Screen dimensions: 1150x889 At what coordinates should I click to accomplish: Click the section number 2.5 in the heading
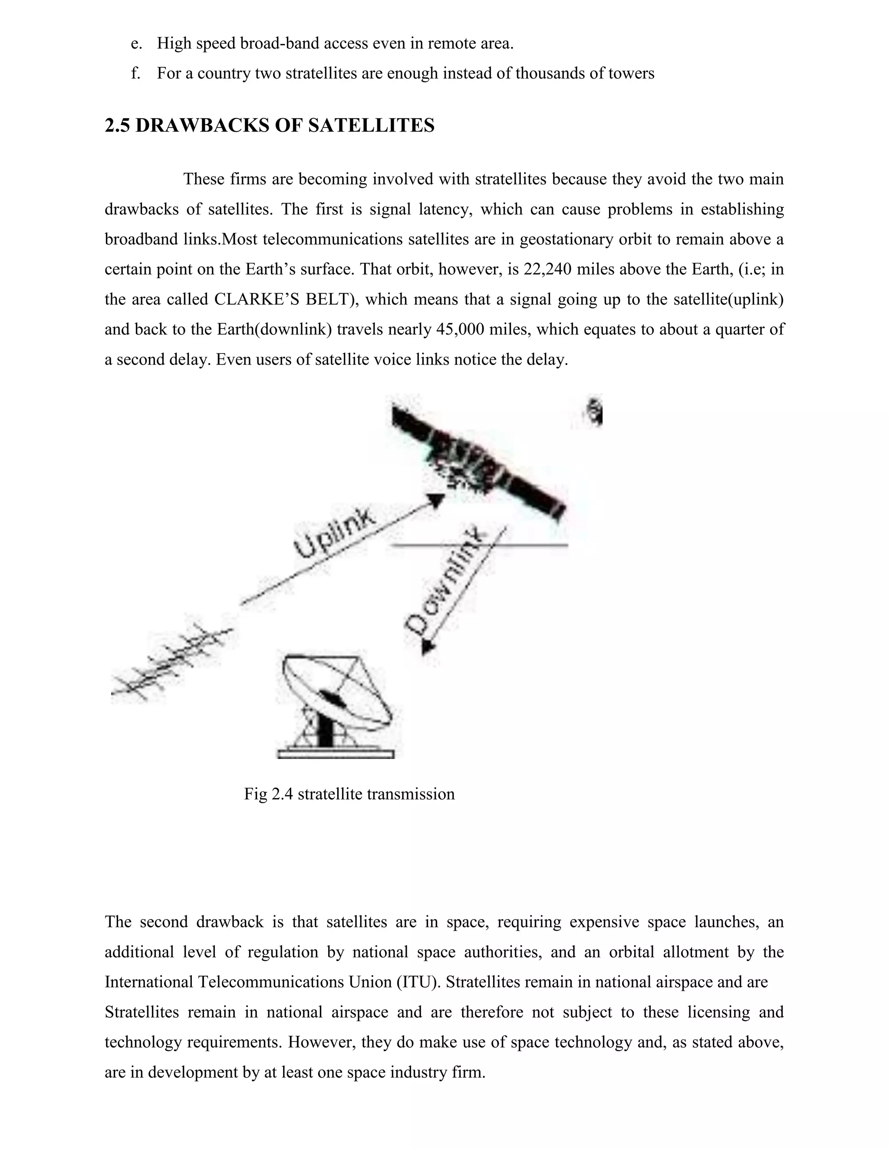(118, 126)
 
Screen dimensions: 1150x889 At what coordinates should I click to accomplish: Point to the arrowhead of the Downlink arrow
(428, 647)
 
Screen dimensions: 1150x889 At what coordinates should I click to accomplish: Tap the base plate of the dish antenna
(336, 754)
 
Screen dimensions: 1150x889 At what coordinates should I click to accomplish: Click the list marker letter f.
(135, 74)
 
